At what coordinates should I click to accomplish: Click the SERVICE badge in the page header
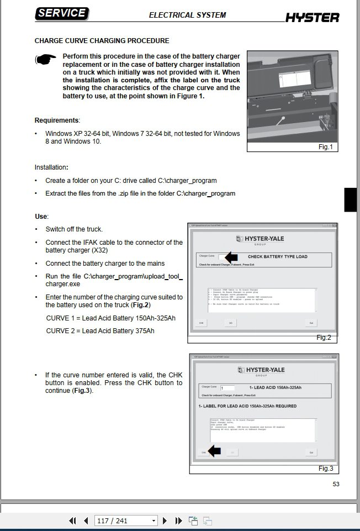(62, 14)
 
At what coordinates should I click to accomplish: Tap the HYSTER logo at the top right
(312, 18)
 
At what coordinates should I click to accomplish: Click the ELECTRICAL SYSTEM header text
(187, 15)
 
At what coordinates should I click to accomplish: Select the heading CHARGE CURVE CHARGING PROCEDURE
(102, 41)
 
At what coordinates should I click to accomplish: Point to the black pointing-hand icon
(46, 60)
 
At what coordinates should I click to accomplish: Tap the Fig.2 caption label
(324, 338)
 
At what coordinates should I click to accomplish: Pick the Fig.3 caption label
(326, 469)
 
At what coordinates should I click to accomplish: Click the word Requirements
(57, 120)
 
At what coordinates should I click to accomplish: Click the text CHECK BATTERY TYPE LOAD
(277, 257)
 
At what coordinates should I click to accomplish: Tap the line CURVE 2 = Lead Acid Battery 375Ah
(100, 331)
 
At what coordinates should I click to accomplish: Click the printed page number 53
(336, 484)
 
